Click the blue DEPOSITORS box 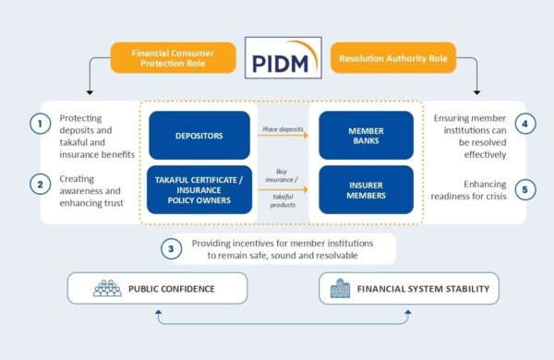199,136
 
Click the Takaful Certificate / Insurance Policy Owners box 199,190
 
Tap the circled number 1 39,125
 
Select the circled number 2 39,184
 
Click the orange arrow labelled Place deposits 282,140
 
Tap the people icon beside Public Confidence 107,289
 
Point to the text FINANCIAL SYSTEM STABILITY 422,289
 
